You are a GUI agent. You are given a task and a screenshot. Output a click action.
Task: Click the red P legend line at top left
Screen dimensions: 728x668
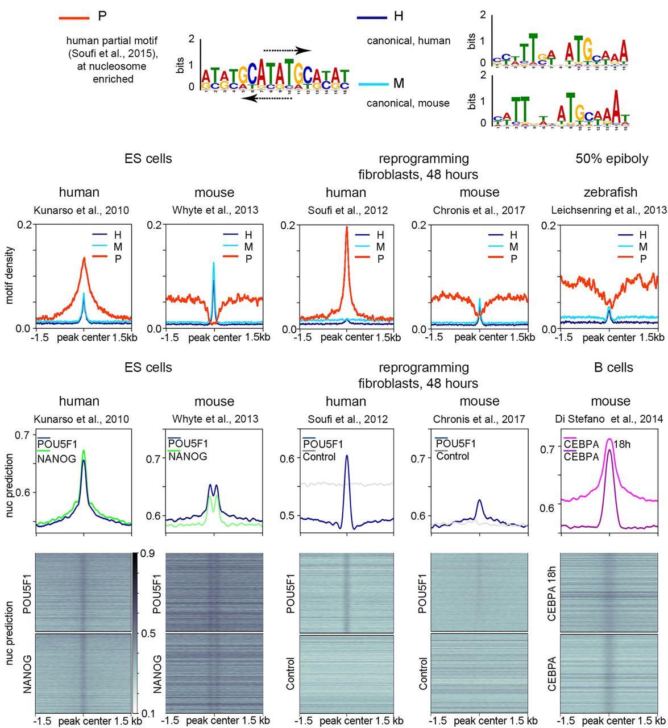[x=74, y=18]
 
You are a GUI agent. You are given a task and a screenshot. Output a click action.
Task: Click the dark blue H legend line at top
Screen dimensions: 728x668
[x=372, y=18]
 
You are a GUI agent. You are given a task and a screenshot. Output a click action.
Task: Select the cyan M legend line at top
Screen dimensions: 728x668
[x=373, y=85]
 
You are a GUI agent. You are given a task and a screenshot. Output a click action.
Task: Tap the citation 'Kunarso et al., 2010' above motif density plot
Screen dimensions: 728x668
[x=81, y=210]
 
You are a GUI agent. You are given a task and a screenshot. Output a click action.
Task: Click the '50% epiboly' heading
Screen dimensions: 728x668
[x=612, y=159]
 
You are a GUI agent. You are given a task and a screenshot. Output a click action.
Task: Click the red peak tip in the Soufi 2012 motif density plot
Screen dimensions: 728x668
[x=346, y=227]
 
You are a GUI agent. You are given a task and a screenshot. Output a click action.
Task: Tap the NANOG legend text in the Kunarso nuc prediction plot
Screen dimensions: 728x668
[x=57, y=458]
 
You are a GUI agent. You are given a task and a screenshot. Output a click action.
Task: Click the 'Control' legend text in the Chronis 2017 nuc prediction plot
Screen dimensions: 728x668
[x=453, y=456]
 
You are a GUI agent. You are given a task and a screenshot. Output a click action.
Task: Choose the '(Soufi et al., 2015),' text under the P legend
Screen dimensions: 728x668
[x=114, y=53]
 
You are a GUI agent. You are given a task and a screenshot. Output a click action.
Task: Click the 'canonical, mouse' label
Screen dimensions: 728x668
[x=408, y=103]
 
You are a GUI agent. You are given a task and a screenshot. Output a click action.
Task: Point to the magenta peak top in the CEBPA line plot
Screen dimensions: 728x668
[x=609, y=439]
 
